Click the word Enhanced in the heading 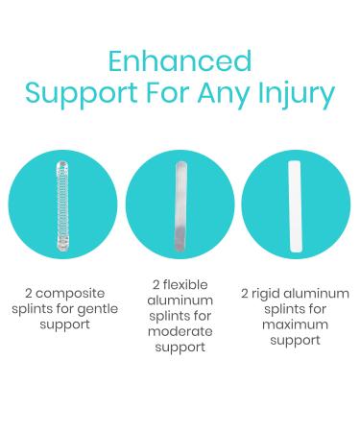(180, 60)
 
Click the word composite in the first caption (70, 292)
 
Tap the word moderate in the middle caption (180, 331)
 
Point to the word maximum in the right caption (296, 324)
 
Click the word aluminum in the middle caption (180, 300)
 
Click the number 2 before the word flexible (156, 285)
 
